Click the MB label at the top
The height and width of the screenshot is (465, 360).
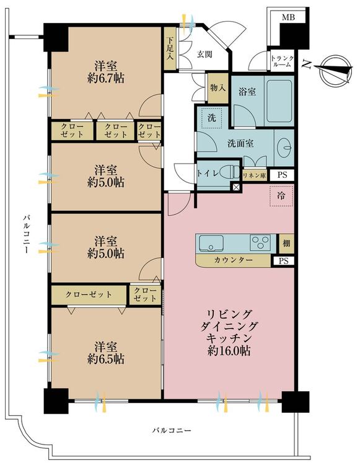288,17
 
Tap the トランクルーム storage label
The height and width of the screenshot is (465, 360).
283,61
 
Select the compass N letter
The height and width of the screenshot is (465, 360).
305,64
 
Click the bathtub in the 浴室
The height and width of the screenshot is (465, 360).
279,101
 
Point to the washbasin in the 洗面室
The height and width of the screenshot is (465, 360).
286,148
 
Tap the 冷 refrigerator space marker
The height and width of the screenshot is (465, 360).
281,195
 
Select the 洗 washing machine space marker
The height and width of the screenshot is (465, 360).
211,118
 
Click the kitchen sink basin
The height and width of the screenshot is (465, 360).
211,243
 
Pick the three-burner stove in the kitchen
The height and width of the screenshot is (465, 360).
260,242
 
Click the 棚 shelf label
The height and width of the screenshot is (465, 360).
286,244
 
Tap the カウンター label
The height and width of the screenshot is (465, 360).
233,260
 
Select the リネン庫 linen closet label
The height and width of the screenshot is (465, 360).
254,175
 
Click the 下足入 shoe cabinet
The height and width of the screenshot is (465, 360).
170,48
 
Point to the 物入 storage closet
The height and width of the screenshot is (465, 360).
218,88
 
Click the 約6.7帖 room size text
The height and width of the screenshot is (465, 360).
106,79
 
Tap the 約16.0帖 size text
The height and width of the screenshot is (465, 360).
229,351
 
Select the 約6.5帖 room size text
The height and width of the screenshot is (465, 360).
106,359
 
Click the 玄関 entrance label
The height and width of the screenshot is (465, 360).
204,55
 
